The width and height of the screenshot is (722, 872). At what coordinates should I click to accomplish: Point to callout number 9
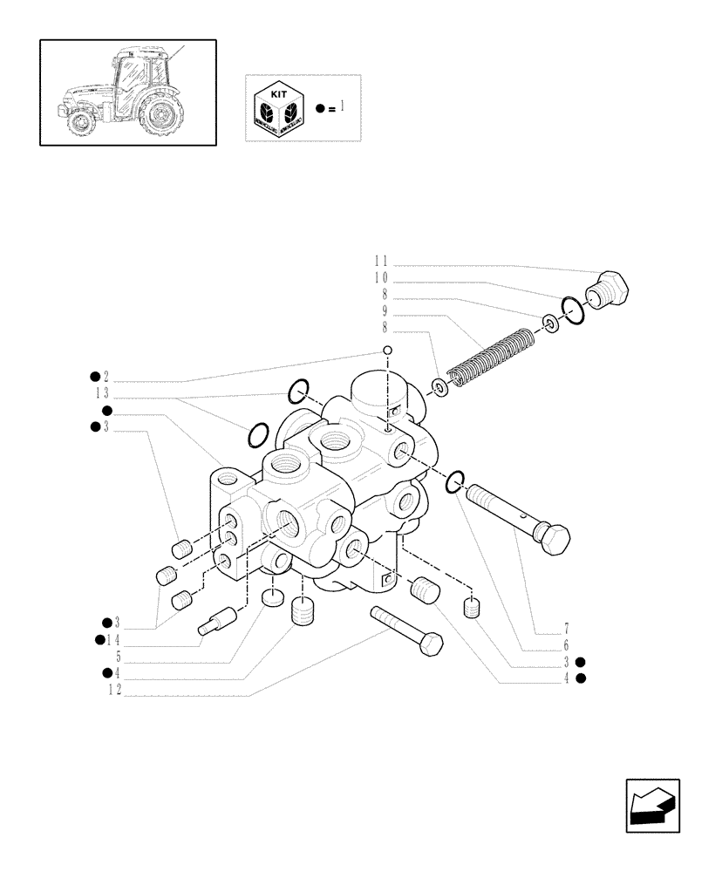pos(385,311)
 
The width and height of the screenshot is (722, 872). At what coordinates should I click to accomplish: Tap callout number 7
pos(566,628)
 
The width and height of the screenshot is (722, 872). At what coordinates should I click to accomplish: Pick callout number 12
pos(113,690)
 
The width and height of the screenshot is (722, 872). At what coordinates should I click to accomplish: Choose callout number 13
pos(101,394)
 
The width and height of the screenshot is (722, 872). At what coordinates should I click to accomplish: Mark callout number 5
pos(106,657)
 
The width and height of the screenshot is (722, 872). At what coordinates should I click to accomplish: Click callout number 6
pos(566,645)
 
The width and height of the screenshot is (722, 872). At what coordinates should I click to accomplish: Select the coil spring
pos(489,358)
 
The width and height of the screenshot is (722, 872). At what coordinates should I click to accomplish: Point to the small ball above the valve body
pos(387,351)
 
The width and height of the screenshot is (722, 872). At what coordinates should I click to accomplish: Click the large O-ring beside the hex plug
pos(572,310)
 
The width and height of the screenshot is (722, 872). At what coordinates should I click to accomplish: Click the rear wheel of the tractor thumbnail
pos(161,115)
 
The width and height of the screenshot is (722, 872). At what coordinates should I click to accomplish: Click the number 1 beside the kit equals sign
pos(343,107)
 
